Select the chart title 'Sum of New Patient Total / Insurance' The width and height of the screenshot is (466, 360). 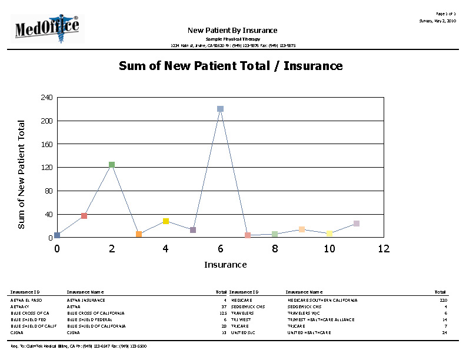[231, 65]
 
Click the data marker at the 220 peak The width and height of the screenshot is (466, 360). [220, 109]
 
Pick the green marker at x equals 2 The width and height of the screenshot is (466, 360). [112, 165]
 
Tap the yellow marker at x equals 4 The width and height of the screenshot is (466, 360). [166, 221]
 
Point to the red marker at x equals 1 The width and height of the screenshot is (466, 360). [84, 216]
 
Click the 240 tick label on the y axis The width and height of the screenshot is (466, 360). [46, 97]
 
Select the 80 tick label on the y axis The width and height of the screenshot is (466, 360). [48, 191]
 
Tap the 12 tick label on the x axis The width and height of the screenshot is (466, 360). [384, 249]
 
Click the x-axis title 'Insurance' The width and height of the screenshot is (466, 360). [225, 265]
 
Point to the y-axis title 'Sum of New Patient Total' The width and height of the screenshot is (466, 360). [21, 174]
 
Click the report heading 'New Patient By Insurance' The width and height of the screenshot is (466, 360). [232, 30]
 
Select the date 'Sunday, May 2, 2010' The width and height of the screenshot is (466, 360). [437, 21]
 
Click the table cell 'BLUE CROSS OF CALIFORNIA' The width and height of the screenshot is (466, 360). [96, 313]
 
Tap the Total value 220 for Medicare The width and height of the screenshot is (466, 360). [443, 300]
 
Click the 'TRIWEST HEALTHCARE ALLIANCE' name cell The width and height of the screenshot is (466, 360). [321, 319]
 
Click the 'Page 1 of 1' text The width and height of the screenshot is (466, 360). [445, 13]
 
